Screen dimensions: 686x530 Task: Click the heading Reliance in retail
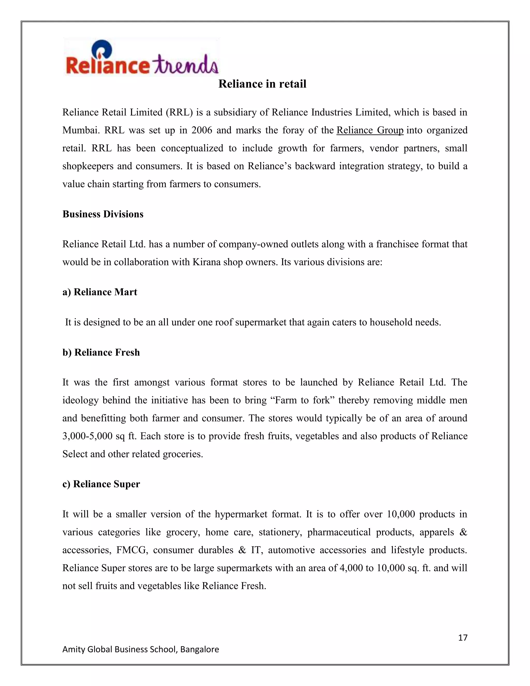point(262,84)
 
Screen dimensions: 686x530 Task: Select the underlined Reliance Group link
point(370,130)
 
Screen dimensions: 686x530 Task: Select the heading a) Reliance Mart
point(100,292)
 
